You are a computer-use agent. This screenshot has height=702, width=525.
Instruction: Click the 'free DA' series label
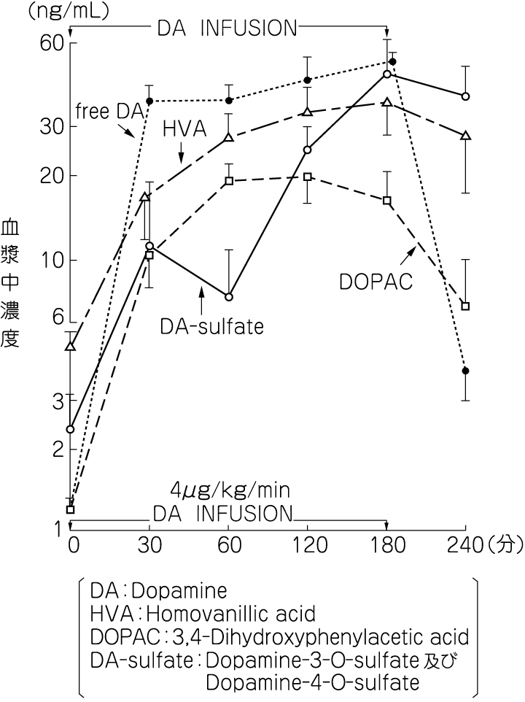coord(108,111)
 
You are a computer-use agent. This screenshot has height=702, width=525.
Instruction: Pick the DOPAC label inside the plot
coord(376,280)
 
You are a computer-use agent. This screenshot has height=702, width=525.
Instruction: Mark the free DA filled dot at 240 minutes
coord(465,371)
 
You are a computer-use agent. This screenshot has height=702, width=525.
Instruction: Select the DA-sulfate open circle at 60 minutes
coord(229,297)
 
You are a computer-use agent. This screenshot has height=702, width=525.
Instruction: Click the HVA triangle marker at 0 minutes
coord(71,346)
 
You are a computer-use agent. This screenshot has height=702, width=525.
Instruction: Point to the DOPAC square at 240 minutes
coord(465,306)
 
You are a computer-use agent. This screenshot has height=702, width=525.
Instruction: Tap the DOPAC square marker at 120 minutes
coord(308,177)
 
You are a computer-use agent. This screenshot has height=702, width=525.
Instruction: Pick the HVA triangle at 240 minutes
coord(465,136)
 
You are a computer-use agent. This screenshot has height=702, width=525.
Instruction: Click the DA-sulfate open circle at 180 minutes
coord(387,74)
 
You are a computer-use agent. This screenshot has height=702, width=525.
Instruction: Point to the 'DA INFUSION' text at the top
coord(227,28)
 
